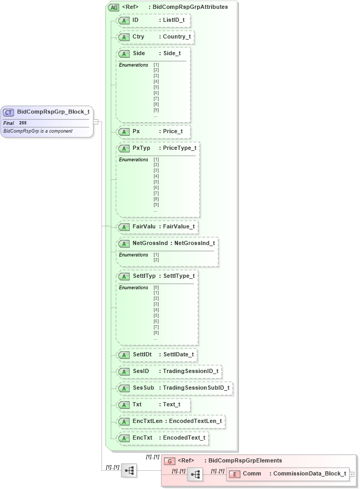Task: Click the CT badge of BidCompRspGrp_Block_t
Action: coord(8,112)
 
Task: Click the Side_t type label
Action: coord(172,54)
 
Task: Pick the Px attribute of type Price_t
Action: coord(153,132)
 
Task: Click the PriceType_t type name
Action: coord(179,148)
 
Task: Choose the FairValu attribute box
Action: coord(157,227)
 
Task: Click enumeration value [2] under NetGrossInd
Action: coord(156,260)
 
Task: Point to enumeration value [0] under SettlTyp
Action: coord(156,287)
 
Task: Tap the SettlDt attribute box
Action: coord(157,355)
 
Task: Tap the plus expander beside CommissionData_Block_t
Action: coord(352,474)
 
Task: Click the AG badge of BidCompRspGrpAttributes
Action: coord(113,7)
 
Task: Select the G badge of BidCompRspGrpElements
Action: coord(170,461)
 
